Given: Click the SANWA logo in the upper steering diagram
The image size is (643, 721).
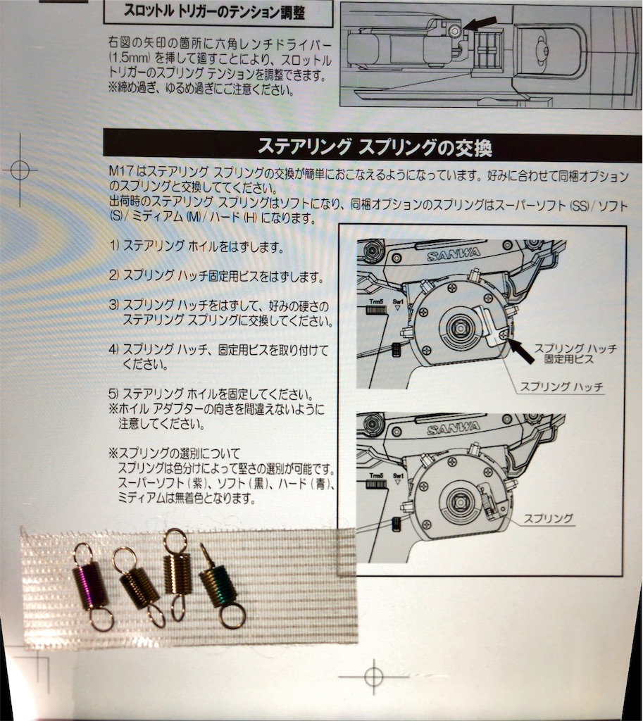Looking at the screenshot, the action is [x=453, y=253].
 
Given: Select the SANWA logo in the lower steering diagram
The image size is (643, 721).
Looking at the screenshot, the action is [x=453, y=429].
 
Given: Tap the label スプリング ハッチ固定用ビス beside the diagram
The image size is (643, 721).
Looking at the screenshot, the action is [x=575, y=353].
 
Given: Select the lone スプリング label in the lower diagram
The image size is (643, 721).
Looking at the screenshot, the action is [x=549, y=518].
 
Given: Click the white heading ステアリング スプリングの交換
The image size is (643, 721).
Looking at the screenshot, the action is [x=375, y=147].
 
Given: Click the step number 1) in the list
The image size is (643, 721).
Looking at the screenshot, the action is [x=114, y=246].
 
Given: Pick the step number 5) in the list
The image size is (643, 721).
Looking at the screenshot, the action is [x=114, y=394].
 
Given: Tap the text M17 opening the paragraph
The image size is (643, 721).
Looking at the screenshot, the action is [x=121, y=173].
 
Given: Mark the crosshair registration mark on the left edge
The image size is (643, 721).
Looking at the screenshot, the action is [x=20, y=170].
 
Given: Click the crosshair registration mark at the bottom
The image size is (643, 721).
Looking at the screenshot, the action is [x=373, y=677].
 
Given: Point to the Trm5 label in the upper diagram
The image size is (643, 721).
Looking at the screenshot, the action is [x=376, y=302].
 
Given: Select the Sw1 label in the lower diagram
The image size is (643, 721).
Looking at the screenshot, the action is [x=398, y=476].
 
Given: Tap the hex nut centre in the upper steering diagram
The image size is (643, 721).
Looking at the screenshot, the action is [x=460, y=327].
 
